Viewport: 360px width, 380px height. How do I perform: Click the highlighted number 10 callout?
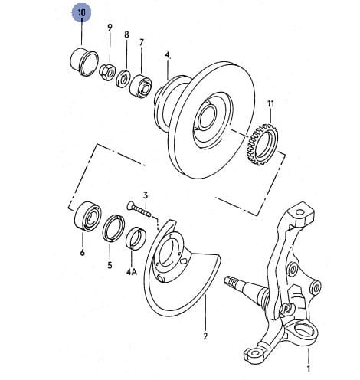tap(81, 13)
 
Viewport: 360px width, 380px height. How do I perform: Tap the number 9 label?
tap(110, 27)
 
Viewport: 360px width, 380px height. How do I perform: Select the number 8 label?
tap(126, 34)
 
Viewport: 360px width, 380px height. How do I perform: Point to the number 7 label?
tap(142, 42)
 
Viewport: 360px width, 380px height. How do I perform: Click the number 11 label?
tap(270, 103)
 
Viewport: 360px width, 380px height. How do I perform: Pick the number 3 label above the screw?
tap(146, 195)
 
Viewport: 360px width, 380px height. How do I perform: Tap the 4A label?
tap(132, 272)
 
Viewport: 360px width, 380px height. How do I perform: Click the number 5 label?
tap(110, 265)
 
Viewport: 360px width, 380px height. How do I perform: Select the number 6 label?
tap(82, 253)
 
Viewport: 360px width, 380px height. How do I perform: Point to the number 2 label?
tap(206, 336)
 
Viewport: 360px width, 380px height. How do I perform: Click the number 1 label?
tap(309, 369)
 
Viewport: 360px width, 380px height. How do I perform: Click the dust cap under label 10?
tap(83, 62)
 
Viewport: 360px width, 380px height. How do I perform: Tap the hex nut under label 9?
tap(107, 73)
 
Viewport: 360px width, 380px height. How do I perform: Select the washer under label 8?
tap(123, 78)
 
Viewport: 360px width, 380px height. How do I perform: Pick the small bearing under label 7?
tap(141, 86)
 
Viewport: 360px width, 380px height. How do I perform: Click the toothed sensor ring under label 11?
tap(262, 144)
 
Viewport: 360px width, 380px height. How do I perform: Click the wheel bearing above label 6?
tap(88, 216)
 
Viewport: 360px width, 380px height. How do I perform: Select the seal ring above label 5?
tap(113, 228)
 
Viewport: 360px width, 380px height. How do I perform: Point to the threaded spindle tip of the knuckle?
tap(231, 281)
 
